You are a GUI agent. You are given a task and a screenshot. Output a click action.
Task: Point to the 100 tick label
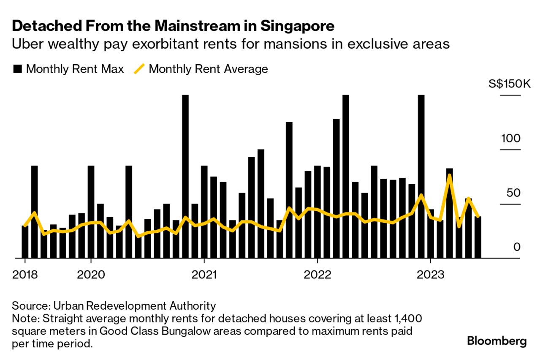511,139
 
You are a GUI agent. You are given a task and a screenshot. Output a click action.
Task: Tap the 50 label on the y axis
513,193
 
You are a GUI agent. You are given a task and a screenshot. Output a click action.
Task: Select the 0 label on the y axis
517,247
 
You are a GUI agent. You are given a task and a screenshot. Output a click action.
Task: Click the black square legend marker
17,69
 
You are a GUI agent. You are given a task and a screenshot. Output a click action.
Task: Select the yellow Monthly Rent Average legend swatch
139,69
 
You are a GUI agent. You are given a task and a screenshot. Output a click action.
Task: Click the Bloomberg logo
497,341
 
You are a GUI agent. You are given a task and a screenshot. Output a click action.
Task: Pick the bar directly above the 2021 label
204,211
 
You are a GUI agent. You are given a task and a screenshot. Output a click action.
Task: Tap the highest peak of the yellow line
450,175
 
